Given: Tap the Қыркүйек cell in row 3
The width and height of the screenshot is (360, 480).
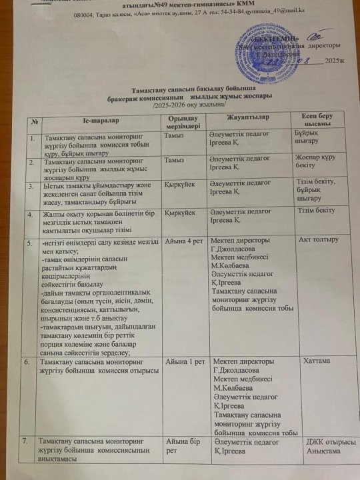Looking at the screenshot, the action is (179, 183).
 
